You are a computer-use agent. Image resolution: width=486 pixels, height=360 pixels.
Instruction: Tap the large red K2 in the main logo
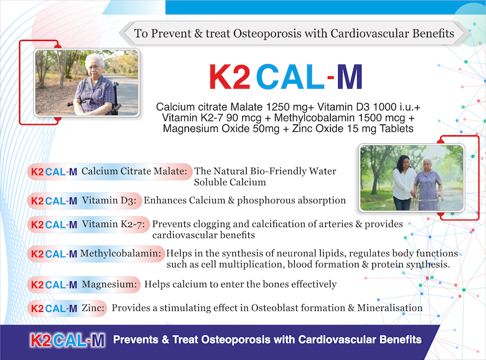pyautogui.click(x=229, y=77)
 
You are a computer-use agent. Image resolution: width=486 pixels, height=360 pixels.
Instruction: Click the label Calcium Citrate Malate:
pyautogui.click(x=134, y=171)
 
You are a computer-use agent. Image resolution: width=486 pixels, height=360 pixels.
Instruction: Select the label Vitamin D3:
pyautogui.click(x=109, y=201)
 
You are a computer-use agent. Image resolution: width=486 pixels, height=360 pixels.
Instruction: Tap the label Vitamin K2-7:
pyautogui.click(x=113, y=224)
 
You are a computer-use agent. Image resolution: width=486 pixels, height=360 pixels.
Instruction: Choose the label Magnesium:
pyautogui.click(x=109, y=284)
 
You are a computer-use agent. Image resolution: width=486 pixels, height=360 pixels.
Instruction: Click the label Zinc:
pyautogui.click(x=93, y=308)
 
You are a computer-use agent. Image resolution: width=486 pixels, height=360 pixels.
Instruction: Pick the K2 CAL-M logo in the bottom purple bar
pyautogui.click(x=68, y=340)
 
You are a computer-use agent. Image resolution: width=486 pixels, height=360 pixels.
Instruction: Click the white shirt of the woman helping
pyautogui.click(x=403, y=183)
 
